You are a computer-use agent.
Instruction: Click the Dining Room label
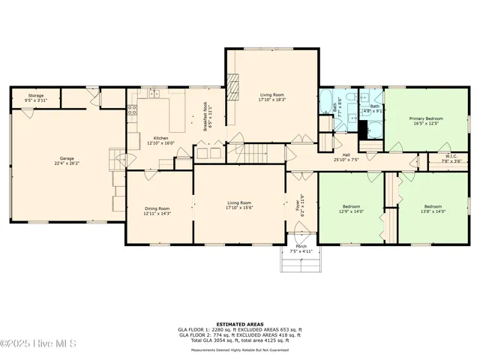(x=157, y=211)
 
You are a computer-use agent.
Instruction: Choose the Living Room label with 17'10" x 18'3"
(x=272, y=97)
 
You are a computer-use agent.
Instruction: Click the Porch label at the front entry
(x=301, y=248)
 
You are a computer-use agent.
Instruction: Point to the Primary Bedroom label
(x=425, y=121)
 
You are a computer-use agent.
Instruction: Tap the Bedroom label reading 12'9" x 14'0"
(x=352, y=208)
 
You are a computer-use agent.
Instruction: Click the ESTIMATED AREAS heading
(x=239, y=324)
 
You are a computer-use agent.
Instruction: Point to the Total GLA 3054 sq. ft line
(x=239, y=340)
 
